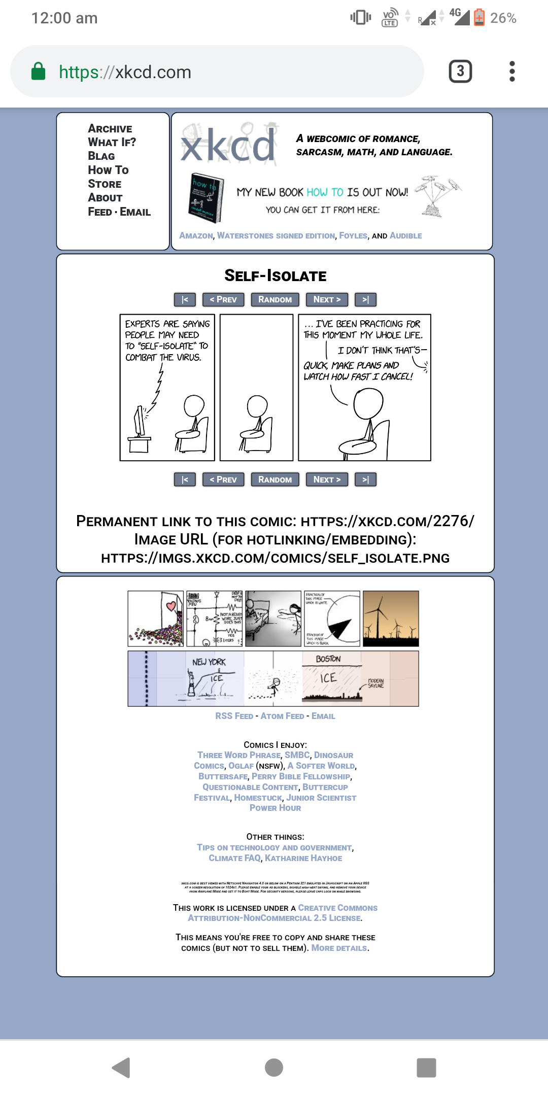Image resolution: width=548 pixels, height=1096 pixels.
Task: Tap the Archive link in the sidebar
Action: [110, 129]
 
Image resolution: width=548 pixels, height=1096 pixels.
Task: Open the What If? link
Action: [112, 143]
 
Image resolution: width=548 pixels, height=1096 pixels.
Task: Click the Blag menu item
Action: [101, 156]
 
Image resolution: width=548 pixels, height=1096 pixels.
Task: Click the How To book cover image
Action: [206, 198]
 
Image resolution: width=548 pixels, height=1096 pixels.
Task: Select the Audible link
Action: [405, 236]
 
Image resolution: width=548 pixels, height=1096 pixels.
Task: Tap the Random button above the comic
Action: [275, 300]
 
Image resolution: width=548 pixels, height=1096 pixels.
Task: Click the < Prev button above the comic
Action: [223, 300]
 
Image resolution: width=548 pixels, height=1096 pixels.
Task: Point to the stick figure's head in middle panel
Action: [257, 406]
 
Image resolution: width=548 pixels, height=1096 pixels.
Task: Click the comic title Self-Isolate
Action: [275, 276]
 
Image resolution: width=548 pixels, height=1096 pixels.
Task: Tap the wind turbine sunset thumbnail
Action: [391, 619]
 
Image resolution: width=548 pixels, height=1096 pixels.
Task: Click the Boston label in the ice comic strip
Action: [328, 659]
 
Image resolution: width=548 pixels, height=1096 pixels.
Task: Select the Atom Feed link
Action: [282, 716]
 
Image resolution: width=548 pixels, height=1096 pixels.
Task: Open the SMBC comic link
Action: [297, 756]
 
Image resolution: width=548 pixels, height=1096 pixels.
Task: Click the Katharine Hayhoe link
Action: [303, 859]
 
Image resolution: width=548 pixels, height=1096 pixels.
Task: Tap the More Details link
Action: [339, 948]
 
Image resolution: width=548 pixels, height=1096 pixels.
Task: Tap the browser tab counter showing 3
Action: [460, 72]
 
